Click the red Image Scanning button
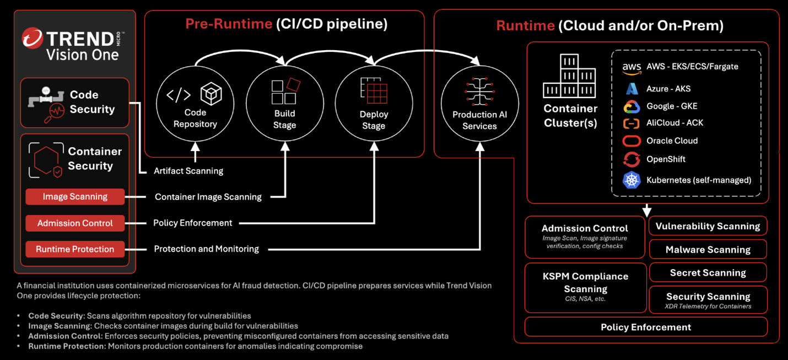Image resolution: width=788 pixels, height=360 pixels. pyautogui.click(x=75, y=197)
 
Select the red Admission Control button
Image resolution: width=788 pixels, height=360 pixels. pyautogui.click(x=75, y=223)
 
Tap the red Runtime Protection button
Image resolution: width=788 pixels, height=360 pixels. pyautogui.click(x=75, y=249)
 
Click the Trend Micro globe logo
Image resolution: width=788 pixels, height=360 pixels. pyautogui.click(x=33, y=39)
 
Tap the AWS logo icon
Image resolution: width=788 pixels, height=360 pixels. pyautogui.click(x=632, y=68)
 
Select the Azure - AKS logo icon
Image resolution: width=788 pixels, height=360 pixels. pyautogui.click(x=632, y=89)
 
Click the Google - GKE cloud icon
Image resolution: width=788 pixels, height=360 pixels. pyautogui.click(x=632, y=106)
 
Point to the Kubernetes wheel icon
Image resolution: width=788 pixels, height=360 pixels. pyautogui.click(x=632, y=180)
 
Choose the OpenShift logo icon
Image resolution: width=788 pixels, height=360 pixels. pyautogui.click(x=632, y=159)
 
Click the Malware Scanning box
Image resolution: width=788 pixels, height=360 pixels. pyautogui.click(x=708, y=249)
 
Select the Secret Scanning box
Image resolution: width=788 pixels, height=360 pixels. pyautogui.click(x=708, y=273)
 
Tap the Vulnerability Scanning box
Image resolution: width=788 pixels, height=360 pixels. pyautogui.click(x=708, y=226)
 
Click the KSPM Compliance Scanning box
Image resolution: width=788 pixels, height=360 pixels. pyautogui.click(x=585, y=287)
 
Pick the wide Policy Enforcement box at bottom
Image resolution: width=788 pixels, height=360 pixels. pyautogui.click(x=646, y=327)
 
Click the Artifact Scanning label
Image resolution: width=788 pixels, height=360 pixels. pyautogui.click(x=188, y=171)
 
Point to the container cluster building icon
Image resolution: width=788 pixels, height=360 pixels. pyautogui.click(x=569, y=76)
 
